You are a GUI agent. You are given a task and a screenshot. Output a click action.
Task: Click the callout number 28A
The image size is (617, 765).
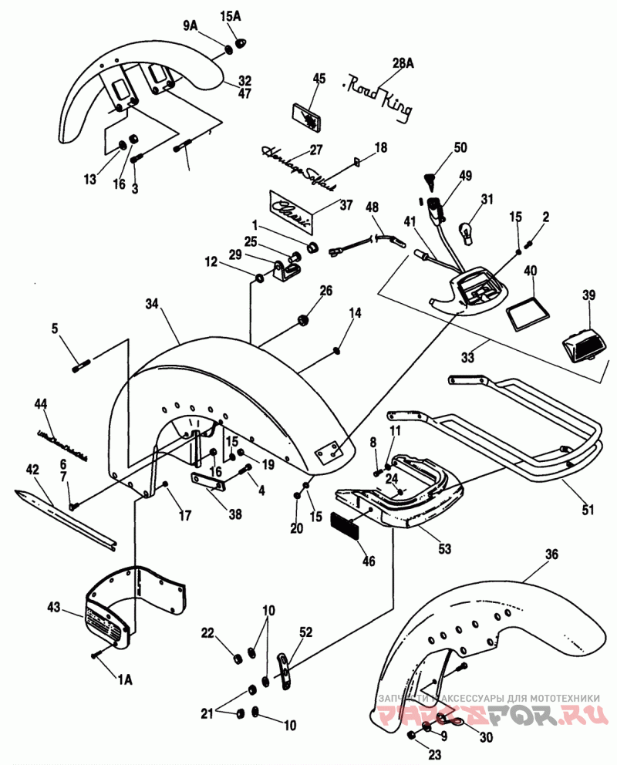click(403, 63)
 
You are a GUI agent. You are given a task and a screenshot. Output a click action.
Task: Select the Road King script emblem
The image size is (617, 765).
click(379, 93)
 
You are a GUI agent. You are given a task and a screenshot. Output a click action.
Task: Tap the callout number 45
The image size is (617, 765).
click(319, 79)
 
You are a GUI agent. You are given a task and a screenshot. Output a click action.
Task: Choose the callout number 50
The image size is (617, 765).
click(460, 147)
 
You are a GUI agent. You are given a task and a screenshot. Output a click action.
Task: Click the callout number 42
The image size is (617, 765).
click(32, 469)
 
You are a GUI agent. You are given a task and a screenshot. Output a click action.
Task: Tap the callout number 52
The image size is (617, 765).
click(306, 632)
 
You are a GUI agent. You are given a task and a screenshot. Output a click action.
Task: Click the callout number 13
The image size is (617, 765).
click(91, 180)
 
